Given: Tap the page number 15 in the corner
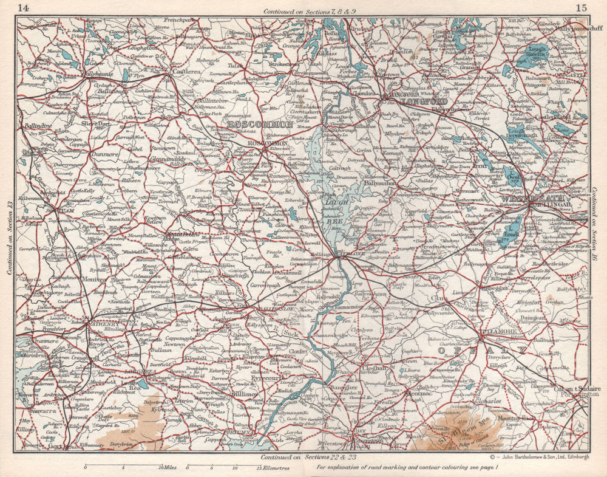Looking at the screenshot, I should click(x=581, y=8).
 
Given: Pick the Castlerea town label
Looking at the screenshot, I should click(x=176, y=72).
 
